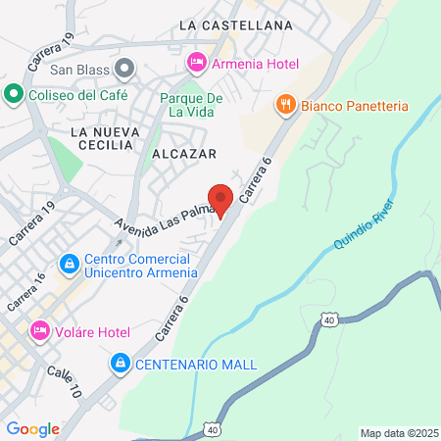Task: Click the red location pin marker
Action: tap(221, 199)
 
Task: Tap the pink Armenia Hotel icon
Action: tap(195, 63)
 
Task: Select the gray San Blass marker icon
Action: tap(124, 69)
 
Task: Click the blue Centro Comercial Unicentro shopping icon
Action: tap(69, 264)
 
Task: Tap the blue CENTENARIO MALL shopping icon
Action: tap(120, 364)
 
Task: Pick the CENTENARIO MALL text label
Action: tap(195, 365)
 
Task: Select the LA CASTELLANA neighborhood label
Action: tap(237, 24)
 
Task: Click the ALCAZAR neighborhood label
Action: tap(184, 154)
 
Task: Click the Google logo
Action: tap(32, 428)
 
